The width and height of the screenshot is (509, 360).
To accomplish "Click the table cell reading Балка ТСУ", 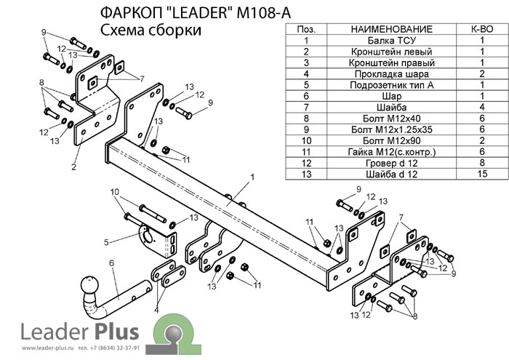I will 391,41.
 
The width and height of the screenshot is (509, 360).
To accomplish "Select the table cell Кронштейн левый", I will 391,52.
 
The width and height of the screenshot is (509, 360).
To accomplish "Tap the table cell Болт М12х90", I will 391,140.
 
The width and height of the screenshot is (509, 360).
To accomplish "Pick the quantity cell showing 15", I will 481,174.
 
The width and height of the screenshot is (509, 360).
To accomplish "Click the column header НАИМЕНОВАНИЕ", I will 391,29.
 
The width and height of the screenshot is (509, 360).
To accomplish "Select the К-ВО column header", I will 481,29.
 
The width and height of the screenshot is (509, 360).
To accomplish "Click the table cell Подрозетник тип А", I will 391,85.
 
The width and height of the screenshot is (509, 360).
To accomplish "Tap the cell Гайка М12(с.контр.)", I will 391,151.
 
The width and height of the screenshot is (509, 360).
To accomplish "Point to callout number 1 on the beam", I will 252,177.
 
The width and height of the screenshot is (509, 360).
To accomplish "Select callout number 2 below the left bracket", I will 74,167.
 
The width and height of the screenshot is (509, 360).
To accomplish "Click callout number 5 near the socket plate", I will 106,242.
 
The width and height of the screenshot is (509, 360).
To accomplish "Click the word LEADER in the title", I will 190,13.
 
